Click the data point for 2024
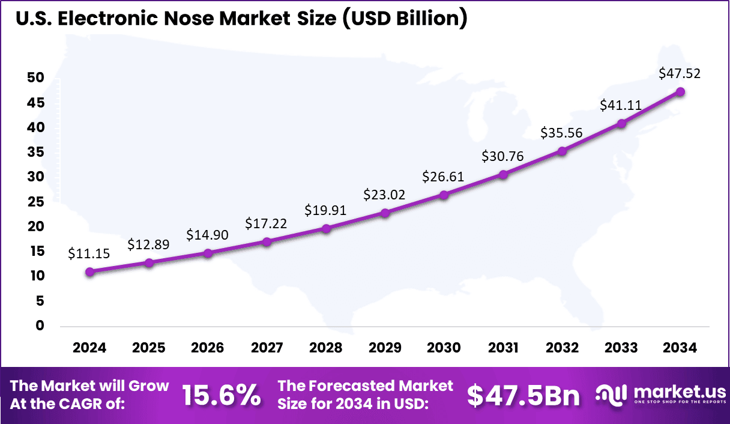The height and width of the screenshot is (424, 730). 90,271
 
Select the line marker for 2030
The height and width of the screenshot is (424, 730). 444,195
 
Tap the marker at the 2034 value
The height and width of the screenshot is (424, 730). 680,91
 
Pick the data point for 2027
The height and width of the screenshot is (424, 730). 267,241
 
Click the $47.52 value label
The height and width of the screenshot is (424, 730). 680,73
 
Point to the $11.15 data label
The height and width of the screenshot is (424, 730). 89,253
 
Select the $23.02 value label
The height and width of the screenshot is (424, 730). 384,195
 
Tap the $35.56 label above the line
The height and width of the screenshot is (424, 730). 561,133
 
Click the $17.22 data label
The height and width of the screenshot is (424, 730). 266,223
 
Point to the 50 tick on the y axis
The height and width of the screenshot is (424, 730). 36,77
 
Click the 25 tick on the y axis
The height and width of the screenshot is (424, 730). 36,202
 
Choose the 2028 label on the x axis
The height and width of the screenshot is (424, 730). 326,348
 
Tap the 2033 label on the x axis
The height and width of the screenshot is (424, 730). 621,348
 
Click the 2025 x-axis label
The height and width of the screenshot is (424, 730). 149,348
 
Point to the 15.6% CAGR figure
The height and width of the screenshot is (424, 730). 221,395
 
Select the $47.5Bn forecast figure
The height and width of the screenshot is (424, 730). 523,395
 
